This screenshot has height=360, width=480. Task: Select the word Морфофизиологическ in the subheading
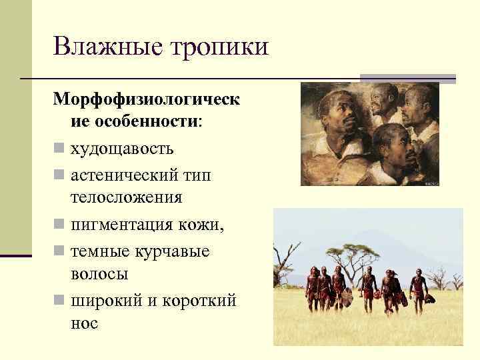pyautogui.click(x=147, y=98)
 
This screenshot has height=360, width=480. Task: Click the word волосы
pyautogui.click(x=99, y=274)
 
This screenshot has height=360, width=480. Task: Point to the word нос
pyautogui.click(x=84, y=324)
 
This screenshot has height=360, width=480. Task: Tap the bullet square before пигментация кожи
pyautogui.click(x=59, y=225)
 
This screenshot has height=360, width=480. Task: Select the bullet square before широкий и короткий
pyautogui.click(x=59, y=300)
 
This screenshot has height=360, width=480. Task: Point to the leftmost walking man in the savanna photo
pyautogui.click(x=313, y=287)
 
